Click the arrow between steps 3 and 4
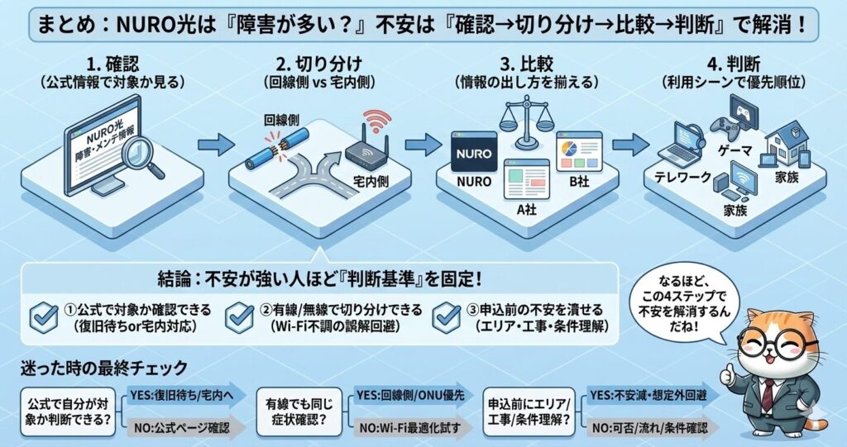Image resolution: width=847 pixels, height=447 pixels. point(629,146)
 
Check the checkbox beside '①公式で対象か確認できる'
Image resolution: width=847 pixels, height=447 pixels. point(43,316)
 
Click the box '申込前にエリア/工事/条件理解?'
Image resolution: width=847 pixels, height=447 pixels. point(529,411)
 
